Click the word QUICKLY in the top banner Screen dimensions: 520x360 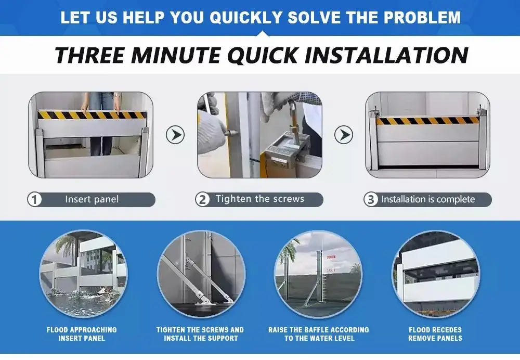click(246, 18)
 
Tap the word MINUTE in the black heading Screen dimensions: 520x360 click(176, 55)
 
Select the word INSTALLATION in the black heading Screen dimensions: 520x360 click(386, 55)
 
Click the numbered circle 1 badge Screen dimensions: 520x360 click(34, 200)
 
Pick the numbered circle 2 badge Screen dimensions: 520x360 click(202, 200)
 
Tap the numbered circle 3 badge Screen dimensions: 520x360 click(371, 200)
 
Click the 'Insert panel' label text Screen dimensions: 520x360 click(92, 199)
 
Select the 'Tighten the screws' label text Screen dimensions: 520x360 click(260, 199)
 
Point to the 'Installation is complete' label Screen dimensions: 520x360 click(428, 199)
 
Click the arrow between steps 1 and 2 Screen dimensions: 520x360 click(175, 135)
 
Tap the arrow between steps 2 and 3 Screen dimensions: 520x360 click(344, 135)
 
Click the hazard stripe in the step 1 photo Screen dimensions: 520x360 click(92, 115)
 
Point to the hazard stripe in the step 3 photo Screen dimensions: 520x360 click(427, 121)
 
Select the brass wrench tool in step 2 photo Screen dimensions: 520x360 click(293, 123)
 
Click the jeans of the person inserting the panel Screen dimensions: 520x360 click(101, 123)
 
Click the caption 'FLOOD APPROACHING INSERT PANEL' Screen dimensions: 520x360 click(82, 334)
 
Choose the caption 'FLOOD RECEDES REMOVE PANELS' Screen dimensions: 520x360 click(435, 334)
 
